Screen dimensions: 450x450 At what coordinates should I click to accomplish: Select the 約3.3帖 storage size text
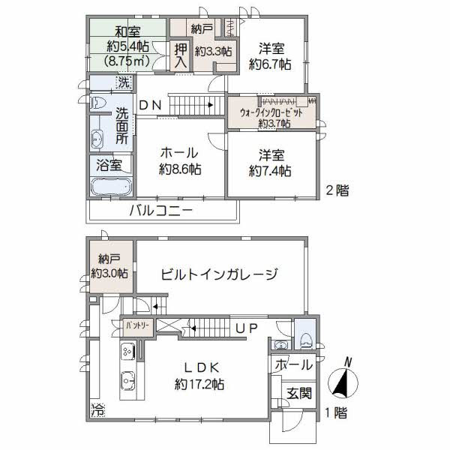click(x=213, y=51)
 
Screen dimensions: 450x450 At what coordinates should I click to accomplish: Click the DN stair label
click(x=149, y=106)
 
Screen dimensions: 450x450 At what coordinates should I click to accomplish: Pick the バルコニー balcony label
click(x=160, y=211)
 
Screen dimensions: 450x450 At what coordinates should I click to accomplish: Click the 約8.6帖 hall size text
click(x=179, y=170)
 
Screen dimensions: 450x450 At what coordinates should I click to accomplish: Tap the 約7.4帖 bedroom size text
click(x=271, y=170)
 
